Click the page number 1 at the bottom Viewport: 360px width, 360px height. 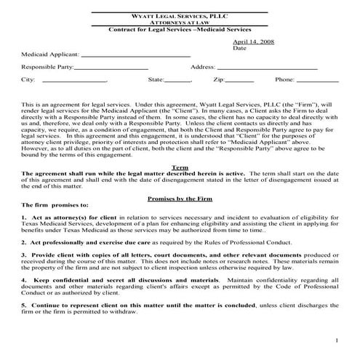[x=338, y=341]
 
